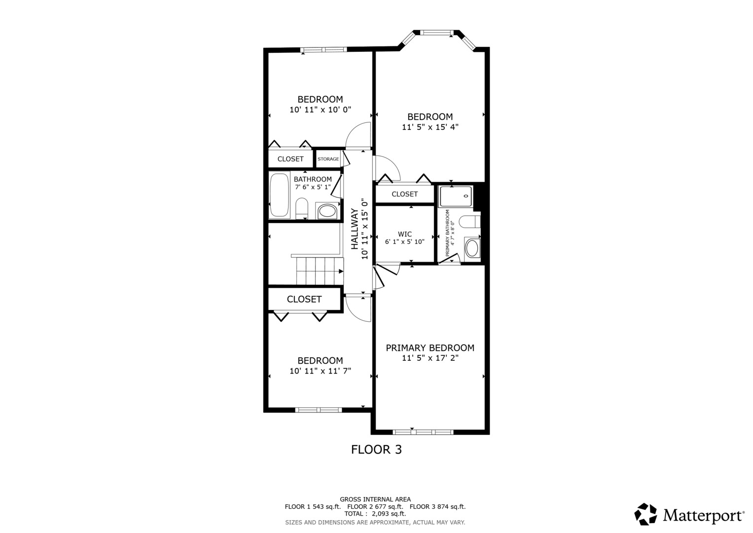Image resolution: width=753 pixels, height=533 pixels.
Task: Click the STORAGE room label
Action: pos(328,159)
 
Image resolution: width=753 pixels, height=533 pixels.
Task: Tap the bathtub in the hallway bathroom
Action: pos(279,195)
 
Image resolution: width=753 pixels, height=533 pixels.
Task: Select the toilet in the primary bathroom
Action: pos(470,222)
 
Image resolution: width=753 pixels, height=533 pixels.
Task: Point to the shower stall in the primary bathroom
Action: pos(456,196)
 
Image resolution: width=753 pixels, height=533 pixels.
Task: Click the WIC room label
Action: pos(405,234)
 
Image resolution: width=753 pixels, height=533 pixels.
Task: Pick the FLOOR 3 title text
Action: pos(377,450)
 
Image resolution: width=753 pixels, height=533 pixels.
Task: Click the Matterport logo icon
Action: pos(645,514)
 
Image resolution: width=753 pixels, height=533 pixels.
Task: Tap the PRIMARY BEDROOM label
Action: pos(430,347)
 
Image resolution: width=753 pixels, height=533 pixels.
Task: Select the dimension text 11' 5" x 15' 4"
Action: pos(430,127)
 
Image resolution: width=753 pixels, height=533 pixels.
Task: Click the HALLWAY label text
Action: pos(355,229)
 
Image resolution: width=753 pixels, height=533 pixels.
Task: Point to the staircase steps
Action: pos(320,271)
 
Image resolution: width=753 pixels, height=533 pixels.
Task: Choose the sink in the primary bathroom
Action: pos(472,248)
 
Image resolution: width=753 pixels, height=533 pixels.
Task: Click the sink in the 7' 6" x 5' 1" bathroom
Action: pos(327,211)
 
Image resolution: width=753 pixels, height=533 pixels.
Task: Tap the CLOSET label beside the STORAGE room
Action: pos(290,159)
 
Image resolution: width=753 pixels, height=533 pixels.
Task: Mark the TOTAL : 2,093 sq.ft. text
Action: pos(375,514)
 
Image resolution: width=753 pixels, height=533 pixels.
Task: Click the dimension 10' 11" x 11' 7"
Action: pos(321,371)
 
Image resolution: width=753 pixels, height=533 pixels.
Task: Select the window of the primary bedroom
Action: pos(423,432)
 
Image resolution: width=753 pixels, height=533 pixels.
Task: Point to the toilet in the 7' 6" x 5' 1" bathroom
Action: pos(302,208)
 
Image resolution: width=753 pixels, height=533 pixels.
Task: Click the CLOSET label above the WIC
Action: pos(405,194)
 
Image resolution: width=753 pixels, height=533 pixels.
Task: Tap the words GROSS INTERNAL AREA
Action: pos(375,499)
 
